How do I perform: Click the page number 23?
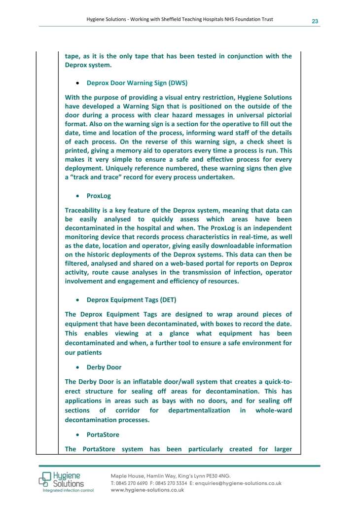pos(315,21)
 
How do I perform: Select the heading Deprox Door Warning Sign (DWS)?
pos(137,83)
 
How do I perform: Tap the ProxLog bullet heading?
pos(99,195)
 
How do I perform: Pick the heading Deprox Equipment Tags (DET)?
pos(131,299)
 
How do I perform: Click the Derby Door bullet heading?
pos(104,367)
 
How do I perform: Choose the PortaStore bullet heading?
pos(103,435)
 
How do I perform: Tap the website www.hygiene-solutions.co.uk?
pos(147,490)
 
